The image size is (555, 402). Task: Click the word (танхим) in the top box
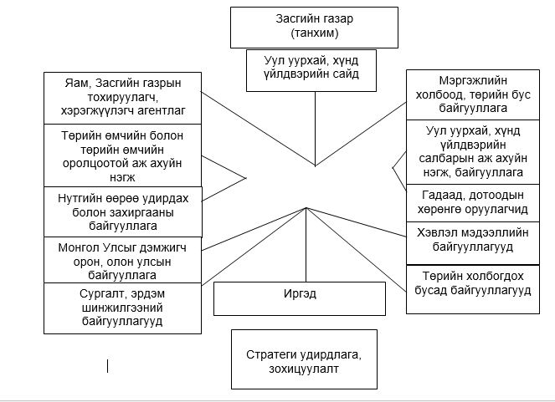[314, 33]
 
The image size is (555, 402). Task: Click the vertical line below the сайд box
[315, 129]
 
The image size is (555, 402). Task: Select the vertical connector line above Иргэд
[306, 244]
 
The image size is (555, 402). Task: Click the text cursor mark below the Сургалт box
[107, 366]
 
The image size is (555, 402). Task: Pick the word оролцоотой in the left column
[90, 164]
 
